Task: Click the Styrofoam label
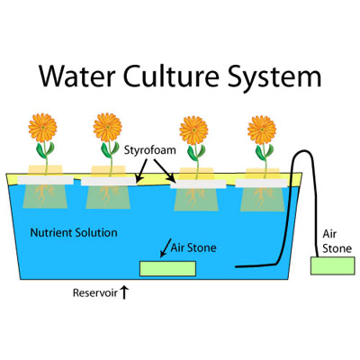point(150,150)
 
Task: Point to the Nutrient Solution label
point(74,233)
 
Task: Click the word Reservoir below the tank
point(95,292)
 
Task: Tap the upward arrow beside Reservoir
point(124,292)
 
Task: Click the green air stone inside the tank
point(168,268)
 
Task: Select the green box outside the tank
point(332,265)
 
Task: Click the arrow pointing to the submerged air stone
point(166,248)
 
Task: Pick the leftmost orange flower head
point(42,128)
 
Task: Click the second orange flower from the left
point(107,128)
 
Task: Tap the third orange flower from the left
point(193,130)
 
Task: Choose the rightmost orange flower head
point(262,130)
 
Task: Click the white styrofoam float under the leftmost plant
point(45,180)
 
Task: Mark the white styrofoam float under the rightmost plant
point(261,183)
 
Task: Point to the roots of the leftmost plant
point(44,193)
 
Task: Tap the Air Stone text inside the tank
point(193,248)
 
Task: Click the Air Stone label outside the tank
point(337,241)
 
